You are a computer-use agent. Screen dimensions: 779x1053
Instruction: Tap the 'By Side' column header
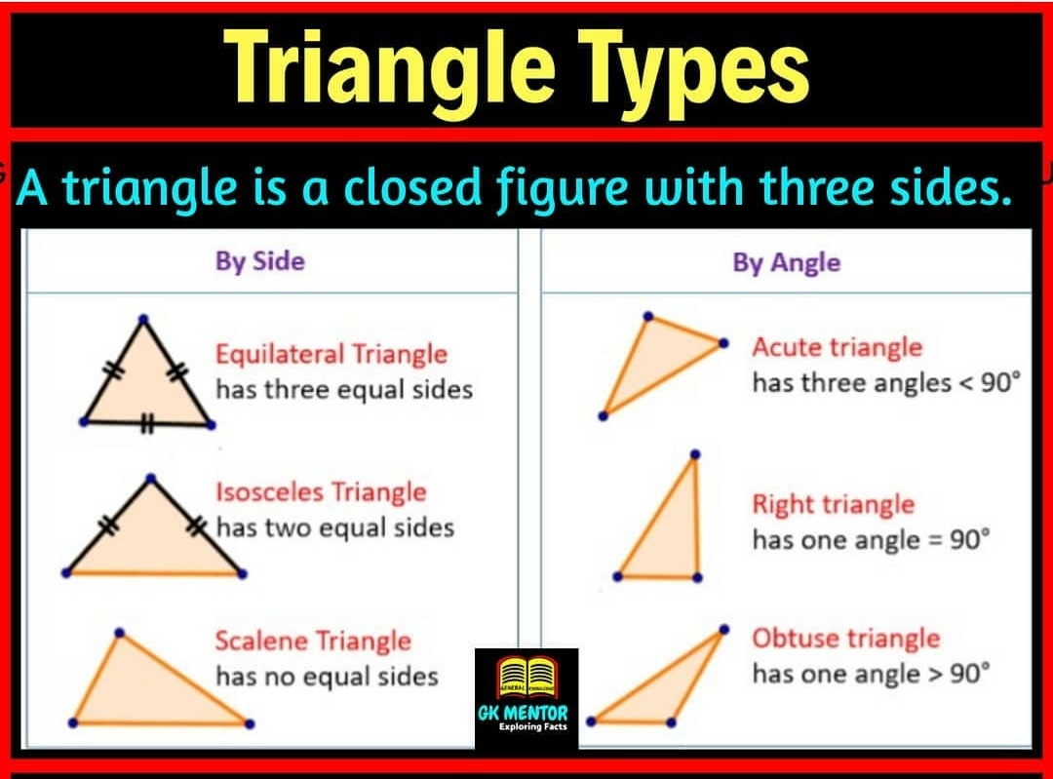(259, 261)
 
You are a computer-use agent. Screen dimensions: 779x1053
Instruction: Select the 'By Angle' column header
(786, 262)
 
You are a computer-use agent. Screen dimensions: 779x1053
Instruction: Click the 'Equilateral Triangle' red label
(331, 353)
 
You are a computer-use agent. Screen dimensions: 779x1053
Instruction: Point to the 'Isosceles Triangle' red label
(321, 491)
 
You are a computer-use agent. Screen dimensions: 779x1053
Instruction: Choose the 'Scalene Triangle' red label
(313, 641)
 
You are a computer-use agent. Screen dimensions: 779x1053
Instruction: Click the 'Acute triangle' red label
(837, 347)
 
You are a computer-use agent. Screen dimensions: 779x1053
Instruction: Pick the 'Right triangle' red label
(833, 504)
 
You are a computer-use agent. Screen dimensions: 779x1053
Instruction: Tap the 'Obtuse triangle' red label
(845, 639)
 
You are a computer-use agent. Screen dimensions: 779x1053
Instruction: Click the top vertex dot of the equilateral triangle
(143, 319)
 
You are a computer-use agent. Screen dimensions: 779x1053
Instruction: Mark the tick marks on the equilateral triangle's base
(147, 424)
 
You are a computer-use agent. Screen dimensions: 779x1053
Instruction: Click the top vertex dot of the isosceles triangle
(151, 478)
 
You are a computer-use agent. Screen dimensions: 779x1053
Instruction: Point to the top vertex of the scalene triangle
(119, 632)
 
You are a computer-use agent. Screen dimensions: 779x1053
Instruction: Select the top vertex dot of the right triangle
(694, 454)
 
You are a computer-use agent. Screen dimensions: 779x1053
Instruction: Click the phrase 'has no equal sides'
(327, 676)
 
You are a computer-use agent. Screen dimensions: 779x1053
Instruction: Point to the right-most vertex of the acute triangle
(723, 343)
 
